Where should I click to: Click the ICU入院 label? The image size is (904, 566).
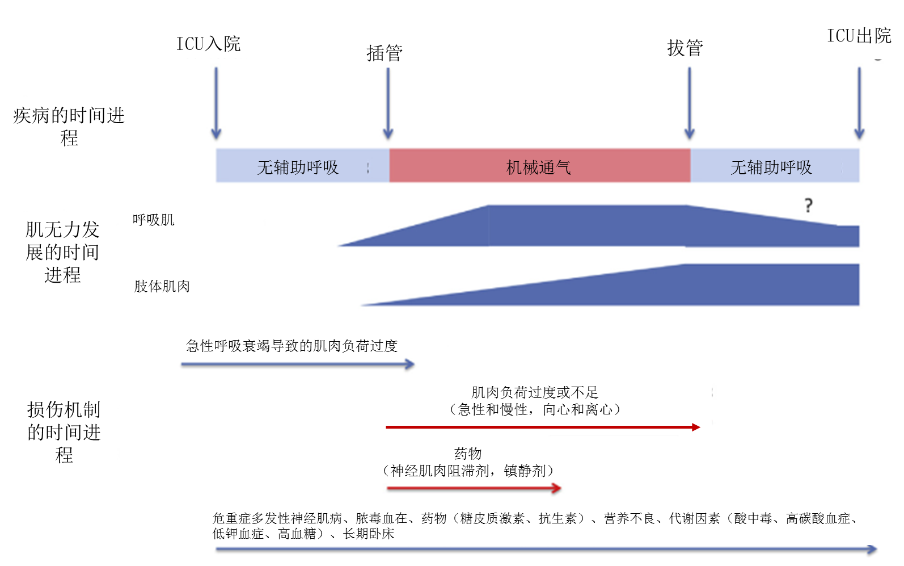click(x=208, y=44)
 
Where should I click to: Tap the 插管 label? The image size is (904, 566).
click(x=385, y=53)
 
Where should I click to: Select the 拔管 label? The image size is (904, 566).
click(x=685, y=48)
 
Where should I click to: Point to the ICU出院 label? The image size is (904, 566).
click(x=859, y=36)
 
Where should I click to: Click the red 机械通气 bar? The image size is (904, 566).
click(x=540, y=165)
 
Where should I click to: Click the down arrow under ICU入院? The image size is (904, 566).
click(x=216, y=103)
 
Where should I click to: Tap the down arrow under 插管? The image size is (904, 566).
click(x=388, y=103)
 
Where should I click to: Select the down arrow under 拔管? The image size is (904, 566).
click(x=689, y=103)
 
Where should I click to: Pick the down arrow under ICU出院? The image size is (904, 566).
click(x=859, y=103)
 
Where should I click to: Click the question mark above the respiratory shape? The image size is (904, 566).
click(x=808, y=206)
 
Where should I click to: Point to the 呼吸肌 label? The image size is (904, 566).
click(x=153, y=220)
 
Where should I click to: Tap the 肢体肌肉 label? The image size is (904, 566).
click(x=162, y=286)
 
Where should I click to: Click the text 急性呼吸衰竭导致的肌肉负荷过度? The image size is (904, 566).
click(x=292, y=346)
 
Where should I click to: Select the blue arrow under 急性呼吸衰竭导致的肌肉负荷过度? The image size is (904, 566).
click(x=298, y=364)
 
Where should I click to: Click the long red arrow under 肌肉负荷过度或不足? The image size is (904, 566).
click(x=543, y=427)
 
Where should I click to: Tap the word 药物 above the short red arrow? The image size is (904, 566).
click(x=468, y=454)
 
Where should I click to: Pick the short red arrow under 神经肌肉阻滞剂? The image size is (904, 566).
click(x=474, y=488)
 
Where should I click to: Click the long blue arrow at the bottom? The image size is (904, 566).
click(x=546, y=550)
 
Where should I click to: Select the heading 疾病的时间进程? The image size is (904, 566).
click(x=69, y=127)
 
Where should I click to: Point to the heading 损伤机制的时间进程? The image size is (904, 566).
click(x=64, y=432)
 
